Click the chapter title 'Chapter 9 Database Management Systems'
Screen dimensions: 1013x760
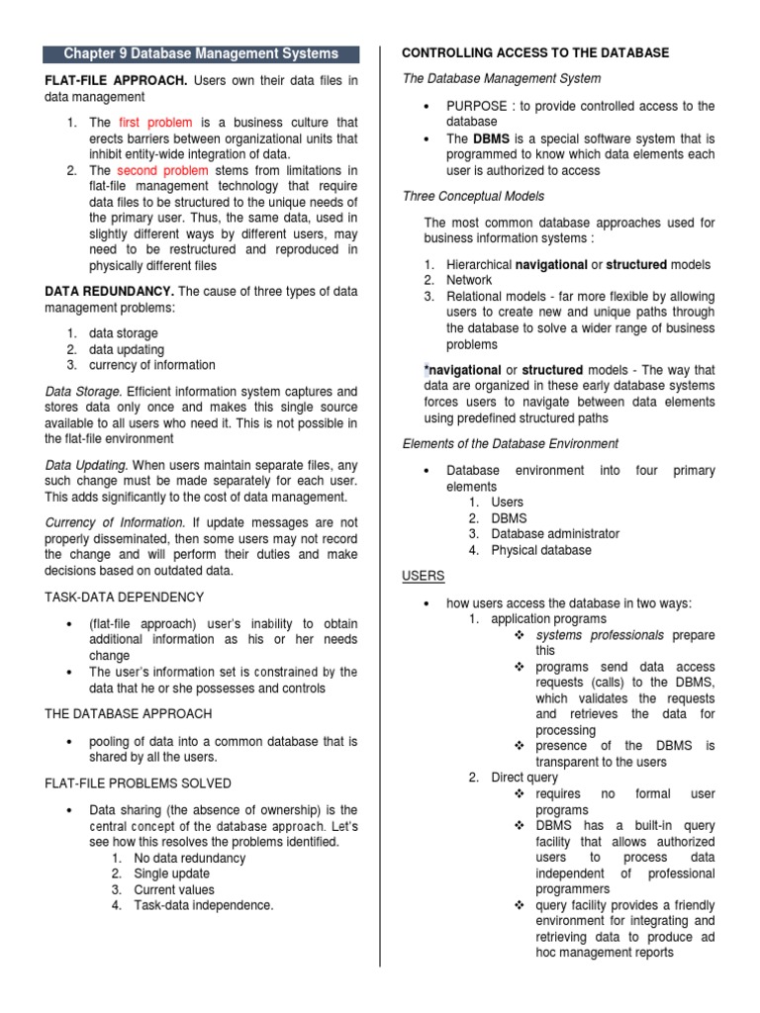click(x=201, y=53)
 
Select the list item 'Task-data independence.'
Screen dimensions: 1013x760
click(x=204, y=904)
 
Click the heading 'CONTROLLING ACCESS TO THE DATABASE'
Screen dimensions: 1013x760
click(x=534, y=52)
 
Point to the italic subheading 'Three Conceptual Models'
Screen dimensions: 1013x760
click(x=473, y=196)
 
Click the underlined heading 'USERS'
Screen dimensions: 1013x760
click(x=424, y=575)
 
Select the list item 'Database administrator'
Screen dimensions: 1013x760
click(x=555, y=533)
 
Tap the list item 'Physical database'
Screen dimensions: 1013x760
click(x=541, y=549)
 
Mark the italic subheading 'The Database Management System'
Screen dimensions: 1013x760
click(x=501, y=78)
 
